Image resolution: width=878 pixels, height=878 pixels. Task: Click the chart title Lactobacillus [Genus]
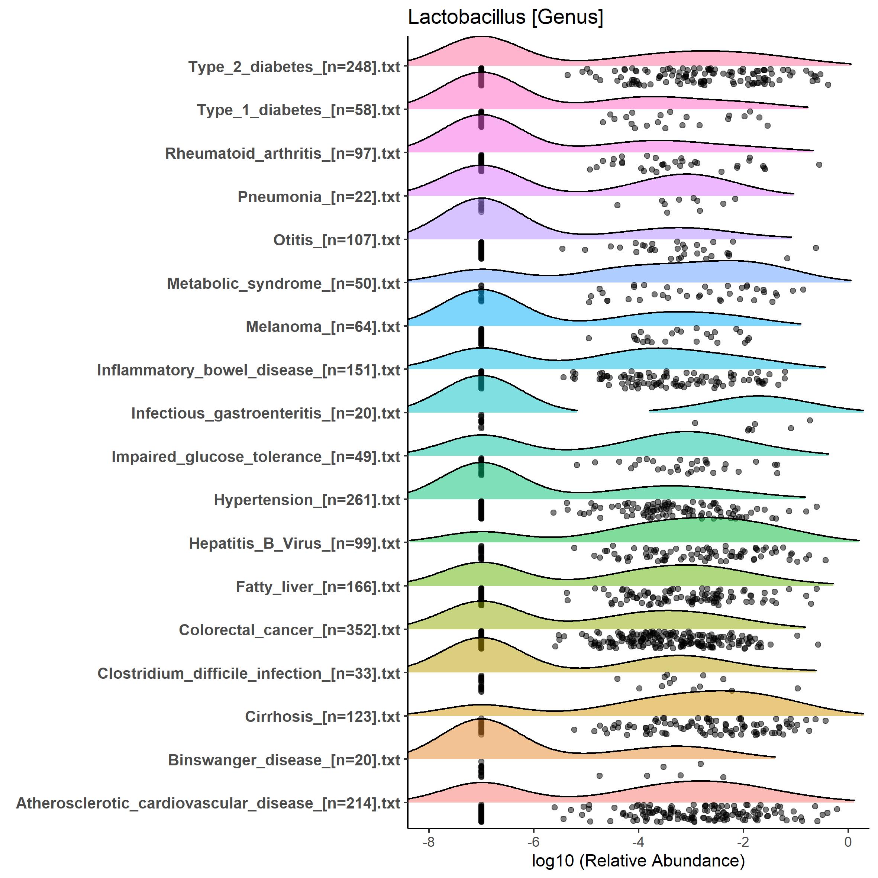click(x=505, y=17)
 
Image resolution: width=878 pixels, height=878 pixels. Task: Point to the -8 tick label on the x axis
click(x=429, y=842)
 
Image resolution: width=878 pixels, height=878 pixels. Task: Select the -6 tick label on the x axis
click(x=533, y=842)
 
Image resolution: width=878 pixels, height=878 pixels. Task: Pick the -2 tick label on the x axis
click(x=743, y=842)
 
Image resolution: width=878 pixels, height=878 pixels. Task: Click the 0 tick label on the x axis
click(x=848, y=842)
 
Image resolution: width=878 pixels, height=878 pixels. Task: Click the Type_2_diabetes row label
click(x=294, y=67)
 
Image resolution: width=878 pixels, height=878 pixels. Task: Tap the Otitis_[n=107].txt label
click(x=336, y=240)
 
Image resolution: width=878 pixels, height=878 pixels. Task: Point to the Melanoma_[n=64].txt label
click(x=323, y=327)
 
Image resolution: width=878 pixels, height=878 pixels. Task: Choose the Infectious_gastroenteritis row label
click(x=265, y=414)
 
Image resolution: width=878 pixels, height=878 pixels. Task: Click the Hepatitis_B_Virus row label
click(x=294, y=543)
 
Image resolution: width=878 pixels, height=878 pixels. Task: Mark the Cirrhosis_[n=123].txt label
click(x=322, y=717)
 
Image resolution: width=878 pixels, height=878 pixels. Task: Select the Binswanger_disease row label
click(x=284, y=760)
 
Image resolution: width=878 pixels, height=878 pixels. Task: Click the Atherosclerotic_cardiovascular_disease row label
click(x=208, y=803)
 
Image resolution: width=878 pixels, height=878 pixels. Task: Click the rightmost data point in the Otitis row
click(x=816, y=248)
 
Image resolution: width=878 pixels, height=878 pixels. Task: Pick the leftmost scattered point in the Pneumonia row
click(x=617, y=206)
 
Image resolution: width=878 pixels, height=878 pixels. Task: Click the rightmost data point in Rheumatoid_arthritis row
click(x=819, y=165)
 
